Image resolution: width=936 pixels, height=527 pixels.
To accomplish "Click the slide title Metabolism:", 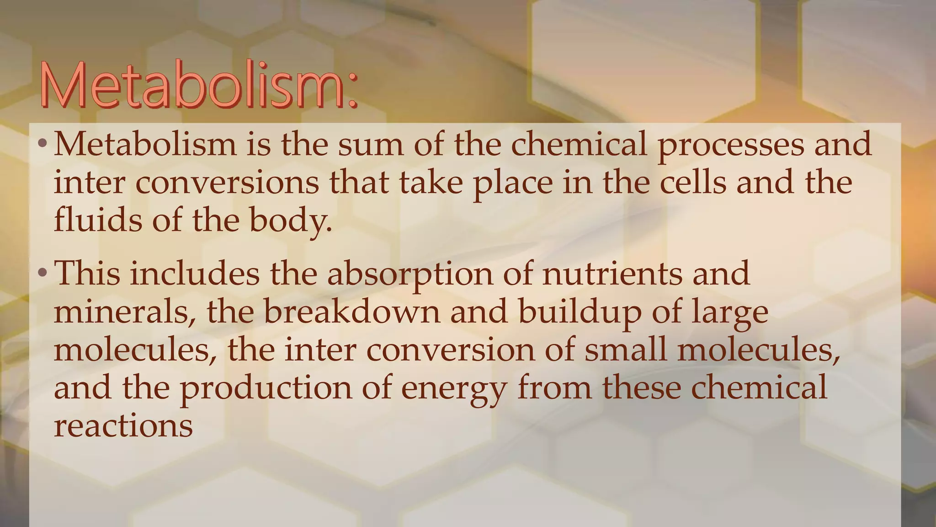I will pyautogui.click(x=197, y=86).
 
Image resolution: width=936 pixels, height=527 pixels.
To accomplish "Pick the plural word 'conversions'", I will pyautogui.click(x=227, y=183).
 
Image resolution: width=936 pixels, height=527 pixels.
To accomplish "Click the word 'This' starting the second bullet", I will pyautogui.click(x=87, y=274).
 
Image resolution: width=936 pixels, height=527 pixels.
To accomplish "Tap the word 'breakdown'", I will pyautogui.click(x=351, y=312).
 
